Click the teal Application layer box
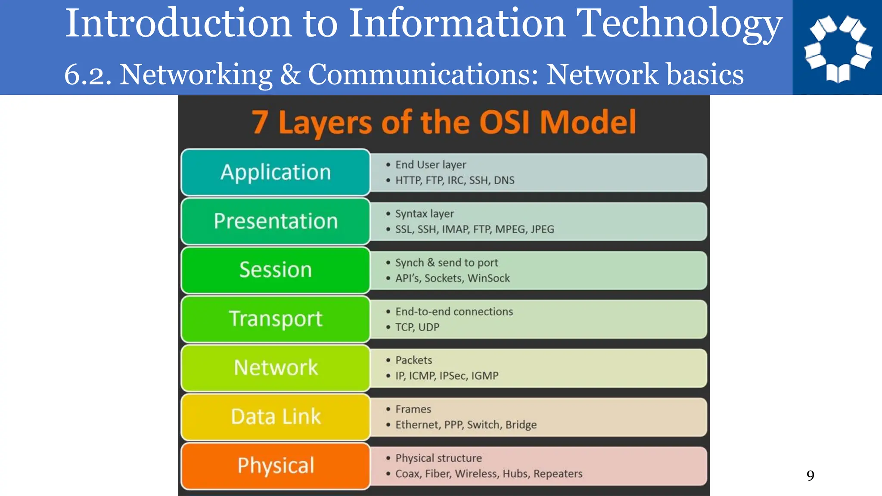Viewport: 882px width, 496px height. [276, 172]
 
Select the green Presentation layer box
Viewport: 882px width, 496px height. [276, 221]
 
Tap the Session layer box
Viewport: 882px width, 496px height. [276, 270]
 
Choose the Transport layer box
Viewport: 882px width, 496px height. [276, 319]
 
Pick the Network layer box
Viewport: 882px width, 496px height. [276, 368]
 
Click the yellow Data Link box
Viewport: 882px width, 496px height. [276, 417]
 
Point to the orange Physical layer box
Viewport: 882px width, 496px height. [276, 466]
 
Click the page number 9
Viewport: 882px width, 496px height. [810, 476]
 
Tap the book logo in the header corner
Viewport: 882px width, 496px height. [838, 48]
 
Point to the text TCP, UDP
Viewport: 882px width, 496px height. [417, 327]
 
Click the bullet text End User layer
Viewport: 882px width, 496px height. [431, 165]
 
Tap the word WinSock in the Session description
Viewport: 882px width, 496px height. [488, 279]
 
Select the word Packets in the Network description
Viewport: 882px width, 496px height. [413, 360]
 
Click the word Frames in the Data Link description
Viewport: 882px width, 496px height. [413, 409]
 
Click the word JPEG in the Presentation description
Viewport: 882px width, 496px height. [542, 229]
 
